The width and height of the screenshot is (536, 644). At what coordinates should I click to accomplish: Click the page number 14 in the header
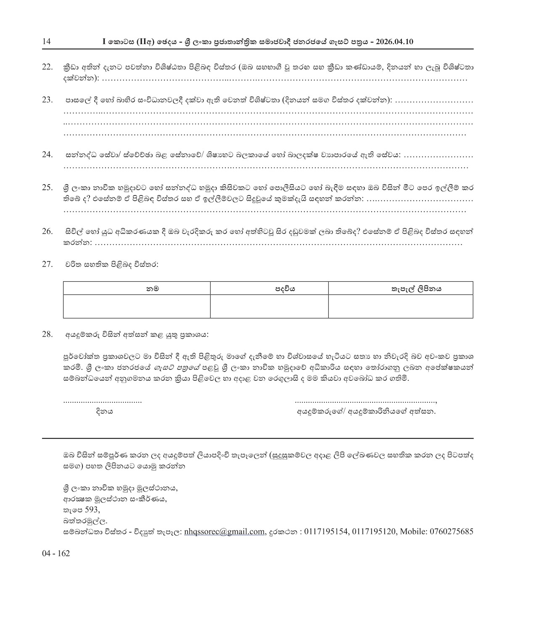[46, 42]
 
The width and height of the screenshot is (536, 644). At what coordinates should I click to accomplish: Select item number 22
[48, 67]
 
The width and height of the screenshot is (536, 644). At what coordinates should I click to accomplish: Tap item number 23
[48, 100]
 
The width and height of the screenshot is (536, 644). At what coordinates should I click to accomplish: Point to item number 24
[48, 154]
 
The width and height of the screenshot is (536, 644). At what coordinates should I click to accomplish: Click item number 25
[48, 187]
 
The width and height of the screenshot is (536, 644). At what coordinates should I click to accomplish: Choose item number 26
[48, 231]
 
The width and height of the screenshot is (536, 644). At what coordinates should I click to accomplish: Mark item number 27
[48, 264]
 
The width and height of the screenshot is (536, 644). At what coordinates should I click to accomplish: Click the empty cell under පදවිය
[269, 306]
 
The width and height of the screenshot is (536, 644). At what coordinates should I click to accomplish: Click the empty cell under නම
[137, 306]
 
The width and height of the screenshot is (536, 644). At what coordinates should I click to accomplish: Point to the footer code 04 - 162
[56, 553]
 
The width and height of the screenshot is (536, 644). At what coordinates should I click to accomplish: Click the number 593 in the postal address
[92, 509]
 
